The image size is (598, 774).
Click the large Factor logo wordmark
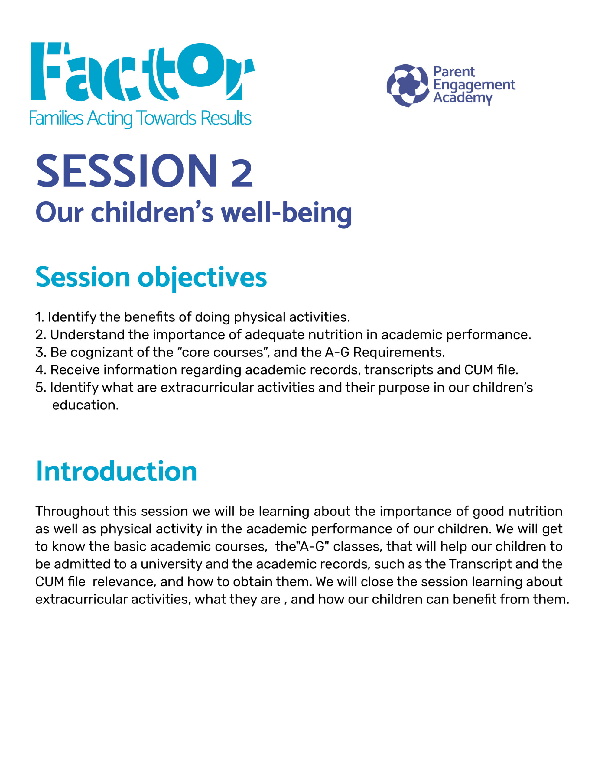(x=142, y=71)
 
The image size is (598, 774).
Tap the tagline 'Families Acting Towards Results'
(x=140, y=119)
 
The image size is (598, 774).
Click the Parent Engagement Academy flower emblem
(x=408, y=85)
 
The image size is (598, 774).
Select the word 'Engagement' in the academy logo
(x=474, y=85)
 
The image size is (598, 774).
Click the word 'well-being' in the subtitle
(x=286, y=213)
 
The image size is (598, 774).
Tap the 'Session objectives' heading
(x=151, y=278)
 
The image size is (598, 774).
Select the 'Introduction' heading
(x=116, y=471)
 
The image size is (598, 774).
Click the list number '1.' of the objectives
(x=40, y=317)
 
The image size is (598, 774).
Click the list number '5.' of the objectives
(x=41, y=388)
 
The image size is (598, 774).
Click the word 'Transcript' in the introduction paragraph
(x=480, y=564)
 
